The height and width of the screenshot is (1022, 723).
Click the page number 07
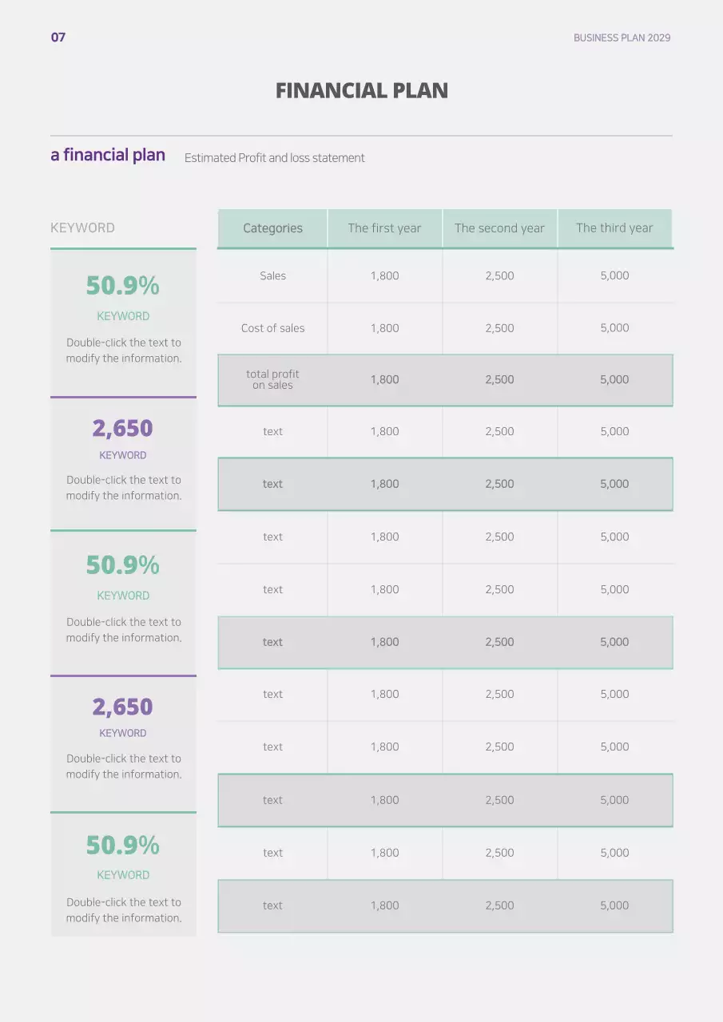point(58,38)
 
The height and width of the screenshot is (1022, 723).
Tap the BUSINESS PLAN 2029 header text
point(622,38)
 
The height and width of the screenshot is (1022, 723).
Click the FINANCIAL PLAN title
point(361,90)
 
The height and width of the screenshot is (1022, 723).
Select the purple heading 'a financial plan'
point(108,155)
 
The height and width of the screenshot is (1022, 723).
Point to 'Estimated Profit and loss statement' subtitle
point(274,158)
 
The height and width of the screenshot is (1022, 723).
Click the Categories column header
point(272,228)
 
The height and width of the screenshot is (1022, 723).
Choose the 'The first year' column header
point(384,228)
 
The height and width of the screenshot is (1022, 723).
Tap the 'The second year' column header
point(499,228)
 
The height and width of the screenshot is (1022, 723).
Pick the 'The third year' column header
point(614,228)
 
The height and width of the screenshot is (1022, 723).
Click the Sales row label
point(272,275)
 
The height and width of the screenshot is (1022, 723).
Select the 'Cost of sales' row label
point(272,328)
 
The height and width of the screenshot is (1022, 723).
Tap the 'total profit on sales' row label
point(272,379)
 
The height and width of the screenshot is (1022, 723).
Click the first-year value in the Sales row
point(384,275)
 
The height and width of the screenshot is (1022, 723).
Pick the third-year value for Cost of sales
point(614,328)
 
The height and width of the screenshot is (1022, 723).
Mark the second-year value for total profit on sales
point(499,380)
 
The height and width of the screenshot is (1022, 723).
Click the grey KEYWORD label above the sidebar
point(82,228)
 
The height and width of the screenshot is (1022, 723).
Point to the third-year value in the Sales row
point(614,275)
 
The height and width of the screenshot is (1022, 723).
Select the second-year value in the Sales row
point(499,275)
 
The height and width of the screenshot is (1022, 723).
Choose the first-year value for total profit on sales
point(384,380)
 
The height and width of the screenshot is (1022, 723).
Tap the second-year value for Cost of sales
point(499,328)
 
